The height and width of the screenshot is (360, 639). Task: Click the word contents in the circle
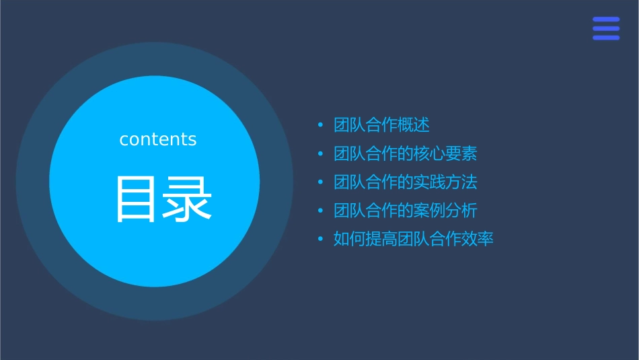click(x=158, y=139)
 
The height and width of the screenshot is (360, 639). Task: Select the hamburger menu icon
click(x=606, y=28)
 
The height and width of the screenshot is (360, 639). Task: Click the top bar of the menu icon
click(x=606, y=19)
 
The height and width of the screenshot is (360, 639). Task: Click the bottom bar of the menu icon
click(x=606, y=38)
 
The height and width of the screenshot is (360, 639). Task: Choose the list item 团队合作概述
click(x=381, y=125)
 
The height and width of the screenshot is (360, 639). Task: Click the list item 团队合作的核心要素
click(x=406, y=153)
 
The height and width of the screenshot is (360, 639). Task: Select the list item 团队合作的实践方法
click(x=406, y=182)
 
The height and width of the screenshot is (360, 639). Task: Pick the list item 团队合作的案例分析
click(x=406, y=211)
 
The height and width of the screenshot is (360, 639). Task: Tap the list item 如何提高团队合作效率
click(x=414, y=239)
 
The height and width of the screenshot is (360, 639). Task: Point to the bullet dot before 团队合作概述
click(x=320, y=125)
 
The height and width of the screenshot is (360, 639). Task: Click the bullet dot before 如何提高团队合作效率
click(x=320, y=239)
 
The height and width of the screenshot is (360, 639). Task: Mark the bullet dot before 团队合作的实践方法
click(x=320, y=182)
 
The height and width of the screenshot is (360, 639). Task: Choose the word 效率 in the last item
click(x=478, y=239)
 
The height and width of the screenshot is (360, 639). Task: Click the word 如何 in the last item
click(x=350, y=239)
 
